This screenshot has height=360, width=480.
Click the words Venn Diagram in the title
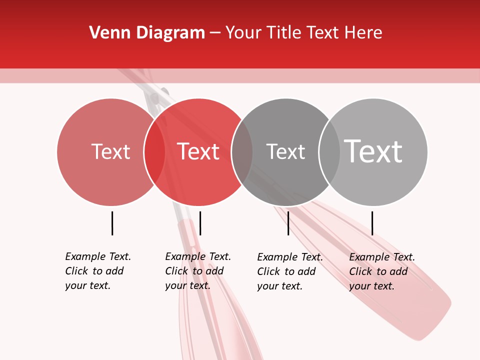tap(147, 33)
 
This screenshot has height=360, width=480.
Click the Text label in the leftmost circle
tap(110, 152)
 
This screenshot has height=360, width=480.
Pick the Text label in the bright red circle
tap(198, 152)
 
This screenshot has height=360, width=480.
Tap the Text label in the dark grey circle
tap(285, 152)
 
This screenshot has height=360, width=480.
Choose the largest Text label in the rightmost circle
tap(373, 151)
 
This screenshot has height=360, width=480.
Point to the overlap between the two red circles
tap(154, 152)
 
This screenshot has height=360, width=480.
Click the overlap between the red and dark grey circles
tap(242, 152)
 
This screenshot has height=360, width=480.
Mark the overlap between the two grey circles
tap(329, 152)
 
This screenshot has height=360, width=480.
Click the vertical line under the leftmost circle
tap(112, 223)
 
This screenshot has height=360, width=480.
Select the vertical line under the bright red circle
tap(200, 223)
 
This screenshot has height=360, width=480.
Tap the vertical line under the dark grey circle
tap(288, 223)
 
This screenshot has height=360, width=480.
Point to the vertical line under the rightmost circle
tap(372, 223)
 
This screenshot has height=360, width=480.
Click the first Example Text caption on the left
tap(97, 271)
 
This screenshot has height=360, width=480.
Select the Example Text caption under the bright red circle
tap(197, 271)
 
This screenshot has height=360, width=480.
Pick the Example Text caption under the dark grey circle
tap(289, 271)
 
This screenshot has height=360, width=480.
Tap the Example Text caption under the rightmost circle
tap(381, 271)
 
